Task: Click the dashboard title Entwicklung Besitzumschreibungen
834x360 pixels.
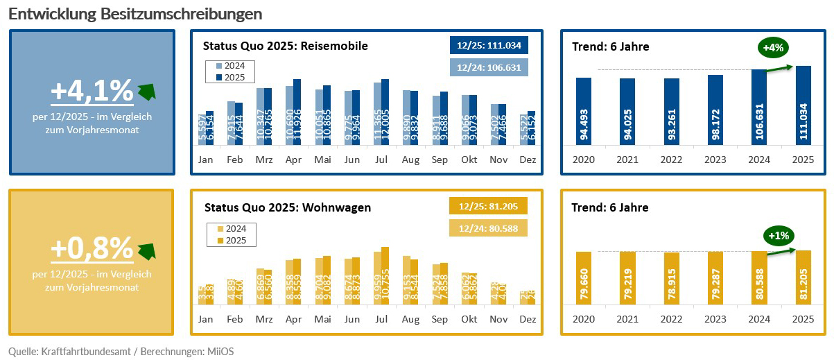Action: pos(135,14)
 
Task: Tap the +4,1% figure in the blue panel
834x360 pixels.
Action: pos(92,90)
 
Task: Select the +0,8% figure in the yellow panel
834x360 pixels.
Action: pos(92,248)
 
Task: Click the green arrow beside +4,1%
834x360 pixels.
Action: pos(146,91)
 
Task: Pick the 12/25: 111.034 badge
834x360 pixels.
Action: pos(489,45)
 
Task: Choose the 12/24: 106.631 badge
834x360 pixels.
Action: pos(489,67)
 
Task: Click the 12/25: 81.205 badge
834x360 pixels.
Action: pos(488,206)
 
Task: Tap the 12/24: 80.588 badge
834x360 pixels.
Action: pos(488,228)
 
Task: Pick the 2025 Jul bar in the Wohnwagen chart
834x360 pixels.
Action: pos(385,275)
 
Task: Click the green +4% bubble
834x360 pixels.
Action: pos(773,49)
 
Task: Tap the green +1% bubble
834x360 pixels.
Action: pos(779,236)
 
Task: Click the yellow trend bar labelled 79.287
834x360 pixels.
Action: pos(715,277)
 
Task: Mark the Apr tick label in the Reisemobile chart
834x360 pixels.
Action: pos(293,160)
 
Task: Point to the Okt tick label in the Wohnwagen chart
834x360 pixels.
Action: pos(469,319)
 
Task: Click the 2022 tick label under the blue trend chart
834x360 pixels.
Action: pos(672,160)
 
